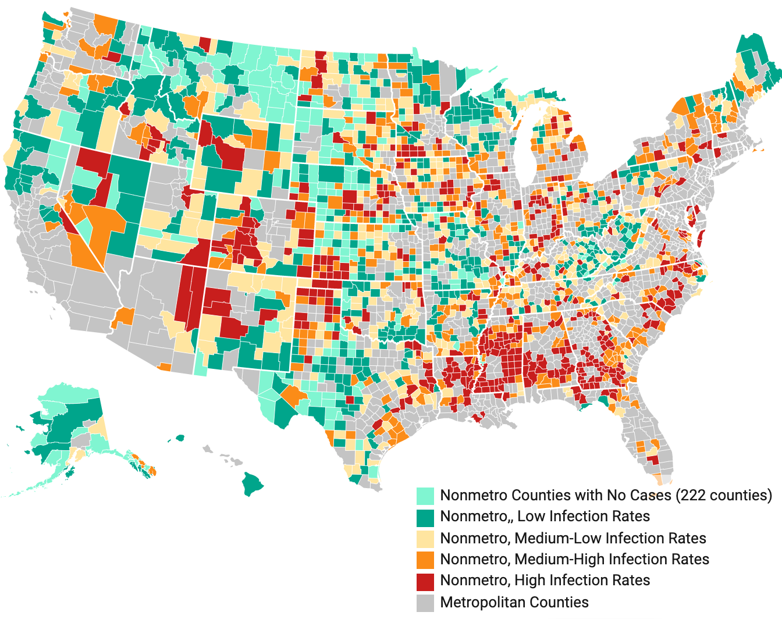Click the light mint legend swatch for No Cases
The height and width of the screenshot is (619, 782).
coord(425,496)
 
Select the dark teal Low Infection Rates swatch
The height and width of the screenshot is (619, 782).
coord(425,517)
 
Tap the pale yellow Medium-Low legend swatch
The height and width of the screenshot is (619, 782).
coord(425,538)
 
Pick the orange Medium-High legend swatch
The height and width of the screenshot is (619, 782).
coord(425,560)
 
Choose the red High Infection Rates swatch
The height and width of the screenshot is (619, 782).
coord(425,581)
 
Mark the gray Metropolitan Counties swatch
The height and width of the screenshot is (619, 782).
coord(425,602)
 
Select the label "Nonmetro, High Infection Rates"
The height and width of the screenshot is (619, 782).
coord(545,581)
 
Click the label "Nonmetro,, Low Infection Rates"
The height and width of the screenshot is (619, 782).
coord(545,517)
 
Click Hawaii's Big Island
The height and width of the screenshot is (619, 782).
coord(252,483)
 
